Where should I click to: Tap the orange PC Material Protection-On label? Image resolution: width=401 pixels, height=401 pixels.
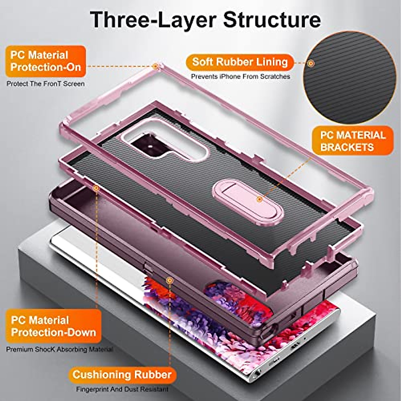pyautogui.click(x=45, y=61)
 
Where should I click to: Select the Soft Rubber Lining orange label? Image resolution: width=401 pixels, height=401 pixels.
pyautogui.click(x=240, y=62)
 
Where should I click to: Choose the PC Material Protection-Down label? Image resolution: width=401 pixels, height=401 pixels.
pyautogui.click(x=53, y=326)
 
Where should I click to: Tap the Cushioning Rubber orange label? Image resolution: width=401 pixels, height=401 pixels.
pyautogui.click(x=122, y=374)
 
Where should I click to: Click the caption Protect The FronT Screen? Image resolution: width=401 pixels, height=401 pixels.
pyautogui.click(x=45, y=84)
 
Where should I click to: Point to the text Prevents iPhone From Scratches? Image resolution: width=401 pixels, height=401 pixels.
pyautogui.click(x=240, y=77)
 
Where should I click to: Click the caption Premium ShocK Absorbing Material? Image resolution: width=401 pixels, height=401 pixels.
pyautogui.click(x=59, y=350)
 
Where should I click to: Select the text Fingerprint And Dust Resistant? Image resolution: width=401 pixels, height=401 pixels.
pyautogui.click(x=122, y=389)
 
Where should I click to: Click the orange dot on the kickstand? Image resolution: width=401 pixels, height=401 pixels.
pyautogui.click(x=259, y=199)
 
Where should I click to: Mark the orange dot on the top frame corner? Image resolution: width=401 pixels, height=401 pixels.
pyautogui.click(x=155, y=66)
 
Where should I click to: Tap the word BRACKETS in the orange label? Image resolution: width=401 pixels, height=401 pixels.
pyautogui.click(x=347, y=147)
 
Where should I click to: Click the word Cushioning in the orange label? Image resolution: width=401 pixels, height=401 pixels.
pyautogui.click(x=101, y=374)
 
